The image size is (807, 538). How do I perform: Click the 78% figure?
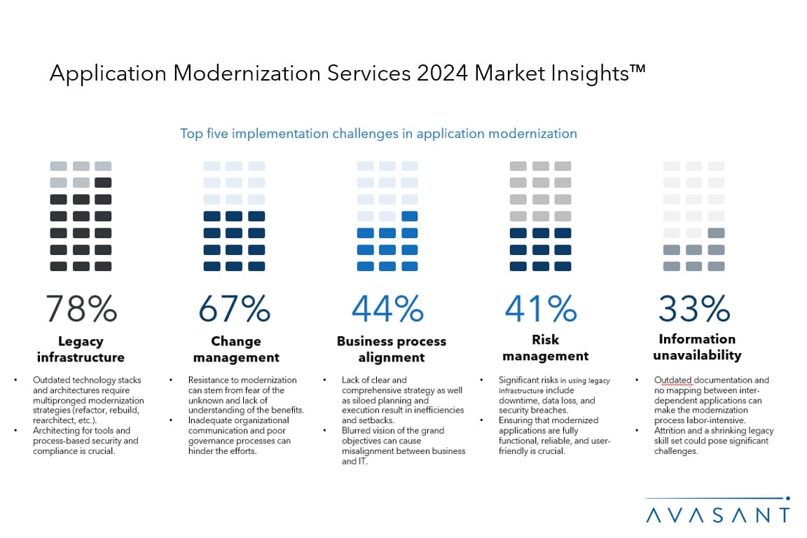[81, 309]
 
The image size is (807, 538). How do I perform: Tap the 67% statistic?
[234, 309]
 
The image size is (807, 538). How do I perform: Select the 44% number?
[387, 309]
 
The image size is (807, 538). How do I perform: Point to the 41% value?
[540, 309]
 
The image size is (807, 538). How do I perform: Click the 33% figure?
[694, 309]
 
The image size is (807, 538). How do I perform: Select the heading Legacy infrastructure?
[81, 349]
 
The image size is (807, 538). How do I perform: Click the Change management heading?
[236, 349]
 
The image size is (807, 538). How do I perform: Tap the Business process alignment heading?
[391, 349]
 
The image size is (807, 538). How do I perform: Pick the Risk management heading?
[545, 347]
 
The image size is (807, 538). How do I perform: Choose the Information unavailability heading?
[696, 347]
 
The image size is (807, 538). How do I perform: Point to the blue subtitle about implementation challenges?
[378, 133]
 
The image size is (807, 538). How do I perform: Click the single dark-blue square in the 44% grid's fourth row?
[410, 216]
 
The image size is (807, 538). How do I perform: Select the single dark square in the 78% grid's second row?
[103, 183]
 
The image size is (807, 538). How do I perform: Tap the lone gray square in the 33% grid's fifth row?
[716, 233]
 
